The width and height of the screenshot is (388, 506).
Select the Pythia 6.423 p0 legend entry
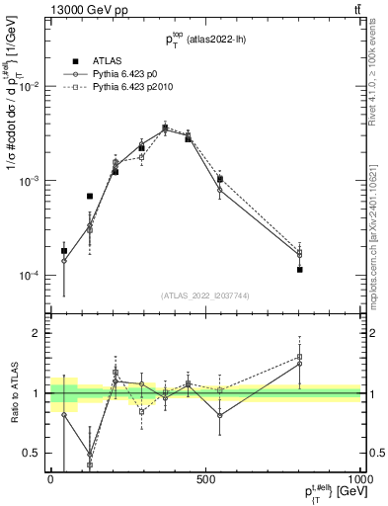coord(128,75)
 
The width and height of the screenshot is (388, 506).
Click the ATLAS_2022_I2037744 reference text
coord(204,295)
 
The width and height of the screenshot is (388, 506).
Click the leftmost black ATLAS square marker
coord(64,251)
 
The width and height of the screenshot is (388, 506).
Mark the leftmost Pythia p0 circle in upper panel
coord(64,261)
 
